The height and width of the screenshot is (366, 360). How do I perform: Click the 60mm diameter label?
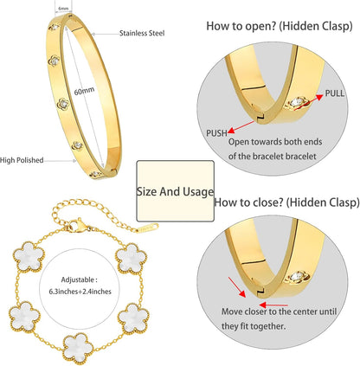[x=84, y=91]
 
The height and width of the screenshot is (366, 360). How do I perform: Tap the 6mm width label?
[x=63, y=9]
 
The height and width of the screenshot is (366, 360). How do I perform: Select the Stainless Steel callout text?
[x=142, y=33]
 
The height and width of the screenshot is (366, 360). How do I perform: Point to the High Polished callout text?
[x=22, y=160]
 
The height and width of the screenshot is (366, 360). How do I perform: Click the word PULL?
[x=335, y=93]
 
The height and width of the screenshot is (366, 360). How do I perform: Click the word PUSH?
[x=216, y=133]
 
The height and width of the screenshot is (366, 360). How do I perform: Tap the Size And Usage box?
[x=175, y=191]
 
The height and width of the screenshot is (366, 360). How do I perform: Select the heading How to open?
[x=241, y=26]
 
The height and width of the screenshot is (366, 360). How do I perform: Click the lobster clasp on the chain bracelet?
[x=77, y=225]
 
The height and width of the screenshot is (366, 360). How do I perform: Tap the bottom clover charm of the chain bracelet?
[x=79, y=349]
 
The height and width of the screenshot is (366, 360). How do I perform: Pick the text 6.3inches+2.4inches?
[x=80, y=292]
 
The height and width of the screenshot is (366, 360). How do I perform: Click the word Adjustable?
[x=77, y=279]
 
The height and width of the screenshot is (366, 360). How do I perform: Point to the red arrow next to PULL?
[x=308, y=102]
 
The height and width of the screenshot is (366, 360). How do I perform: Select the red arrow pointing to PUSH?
[x=241, y=127]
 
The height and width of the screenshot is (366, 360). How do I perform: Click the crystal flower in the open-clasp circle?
[x=298, y=103]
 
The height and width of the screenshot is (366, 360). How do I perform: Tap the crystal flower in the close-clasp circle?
[x=297, y=277]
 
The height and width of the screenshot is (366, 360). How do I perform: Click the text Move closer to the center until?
[x=279, y=311]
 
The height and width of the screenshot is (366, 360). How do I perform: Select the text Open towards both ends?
[x=275, y=142]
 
